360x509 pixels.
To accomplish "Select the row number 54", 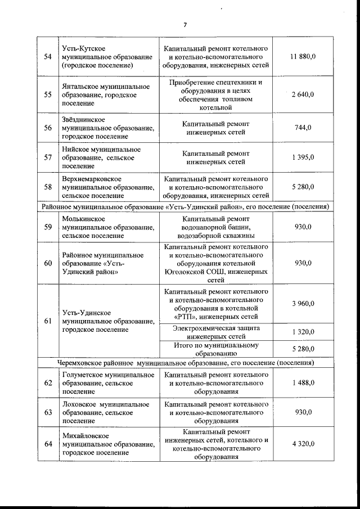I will point(48,57).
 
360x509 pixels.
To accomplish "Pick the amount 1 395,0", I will point(303,158).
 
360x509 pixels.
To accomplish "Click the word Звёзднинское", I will point(83,120).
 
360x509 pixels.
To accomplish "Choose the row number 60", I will point(48,263).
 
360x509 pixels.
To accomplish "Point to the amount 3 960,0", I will point(303,304).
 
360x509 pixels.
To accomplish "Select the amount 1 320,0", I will point(303,332).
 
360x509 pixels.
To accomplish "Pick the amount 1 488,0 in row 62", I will point(303,383).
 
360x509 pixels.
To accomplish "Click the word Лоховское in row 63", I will point(79,404).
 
